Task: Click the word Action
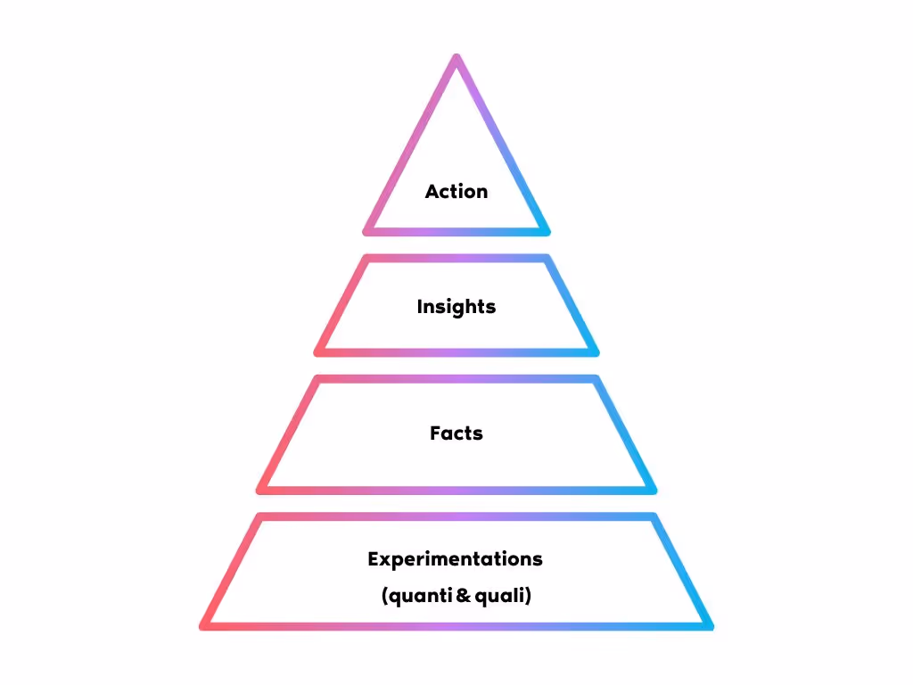click(x=456, y=192)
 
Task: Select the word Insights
click(x=456, y=307)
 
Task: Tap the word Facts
click(x=456, y=433)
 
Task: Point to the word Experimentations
click(x=455, y=559)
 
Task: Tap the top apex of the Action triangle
click(x=456, y=59)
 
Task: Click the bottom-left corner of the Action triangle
click(x=367, y=231)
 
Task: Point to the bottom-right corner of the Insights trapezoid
click(x=594, y=351)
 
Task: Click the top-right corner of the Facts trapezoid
click(x=595, y=379)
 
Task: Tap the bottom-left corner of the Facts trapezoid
click(x=261, y=490)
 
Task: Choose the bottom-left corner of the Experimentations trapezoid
click(x=204, y=625)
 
